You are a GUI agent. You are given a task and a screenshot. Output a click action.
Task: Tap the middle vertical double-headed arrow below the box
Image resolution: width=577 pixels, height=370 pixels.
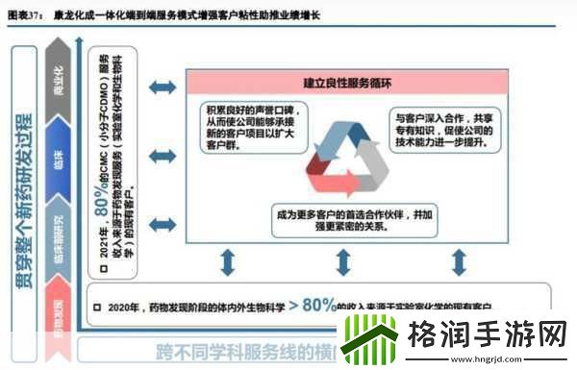tap(342, 261)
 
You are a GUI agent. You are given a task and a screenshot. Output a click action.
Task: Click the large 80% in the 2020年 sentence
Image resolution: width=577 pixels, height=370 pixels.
tap(318, 306)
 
